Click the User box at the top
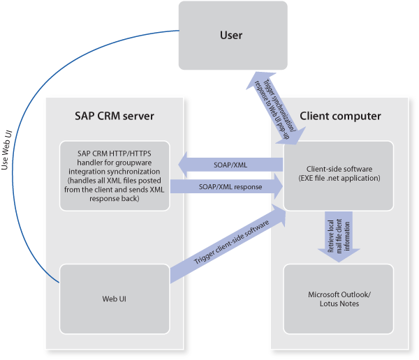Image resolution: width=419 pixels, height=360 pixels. pos(233,35)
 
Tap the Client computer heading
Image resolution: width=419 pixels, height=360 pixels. pos(340,115)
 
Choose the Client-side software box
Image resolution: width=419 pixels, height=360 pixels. pos(339,174)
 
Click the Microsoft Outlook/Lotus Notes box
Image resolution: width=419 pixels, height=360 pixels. pos(339,298)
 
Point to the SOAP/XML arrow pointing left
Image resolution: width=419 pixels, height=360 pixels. pos(230,165)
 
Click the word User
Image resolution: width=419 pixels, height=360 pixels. pos(233,35)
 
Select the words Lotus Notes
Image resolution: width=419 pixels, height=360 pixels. pos(339,303)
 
